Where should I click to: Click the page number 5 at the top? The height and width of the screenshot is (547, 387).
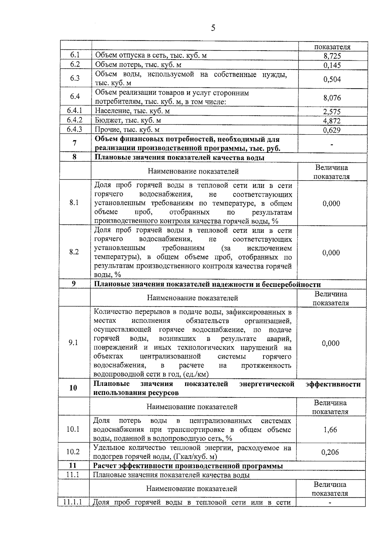point(213,28)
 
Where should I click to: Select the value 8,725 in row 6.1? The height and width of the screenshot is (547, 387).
point(332,56)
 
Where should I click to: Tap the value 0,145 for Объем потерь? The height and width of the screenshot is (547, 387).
point(332,65)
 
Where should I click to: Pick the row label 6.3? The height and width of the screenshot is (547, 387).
point(75,78)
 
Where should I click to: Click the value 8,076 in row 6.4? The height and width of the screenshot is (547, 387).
point(332,98)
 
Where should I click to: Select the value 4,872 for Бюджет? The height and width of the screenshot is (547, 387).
point(332,121)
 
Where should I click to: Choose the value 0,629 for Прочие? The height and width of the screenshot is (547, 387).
point(332,130)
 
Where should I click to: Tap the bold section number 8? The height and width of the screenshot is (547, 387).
point(74,158)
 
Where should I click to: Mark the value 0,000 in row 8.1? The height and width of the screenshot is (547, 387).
point(331,203)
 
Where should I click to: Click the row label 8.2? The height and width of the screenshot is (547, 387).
point(74,252)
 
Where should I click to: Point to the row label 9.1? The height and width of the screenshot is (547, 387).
point(73,343)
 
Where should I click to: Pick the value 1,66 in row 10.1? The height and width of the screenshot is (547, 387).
point(330,430)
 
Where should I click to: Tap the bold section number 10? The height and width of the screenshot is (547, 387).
point(73,388)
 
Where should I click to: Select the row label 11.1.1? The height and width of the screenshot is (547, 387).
point(73,502)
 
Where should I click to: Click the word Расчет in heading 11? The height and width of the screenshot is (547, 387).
point(105,466)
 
